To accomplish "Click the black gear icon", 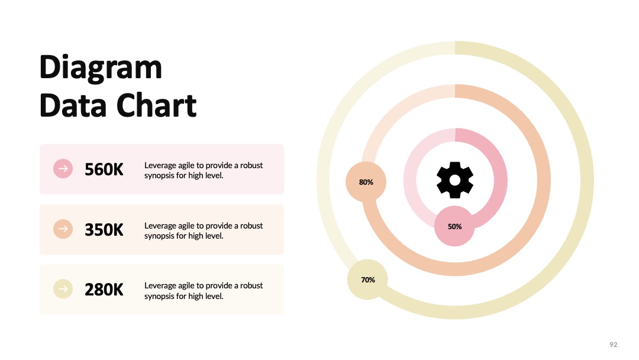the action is pos(455,180).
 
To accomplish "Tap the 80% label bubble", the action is pos(366,182).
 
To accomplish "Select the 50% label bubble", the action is pos(454,226).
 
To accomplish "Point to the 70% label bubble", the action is pos(367,279).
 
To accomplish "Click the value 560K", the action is pos(104,169).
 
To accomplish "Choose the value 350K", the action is pos(104,230).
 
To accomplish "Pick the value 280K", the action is pos(104,290).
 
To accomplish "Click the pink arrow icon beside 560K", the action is pos(63,168).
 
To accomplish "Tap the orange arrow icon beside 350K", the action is pos(63,229).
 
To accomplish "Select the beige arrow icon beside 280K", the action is pos(63,289).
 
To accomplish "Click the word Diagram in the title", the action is pos(101,68).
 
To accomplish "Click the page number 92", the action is pos(614,345).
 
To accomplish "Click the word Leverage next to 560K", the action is pos(160,166).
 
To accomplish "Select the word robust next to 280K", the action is pos(251,285).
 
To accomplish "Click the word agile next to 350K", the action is pos(186,226).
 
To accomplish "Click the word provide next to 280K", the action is pos(219,286).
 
